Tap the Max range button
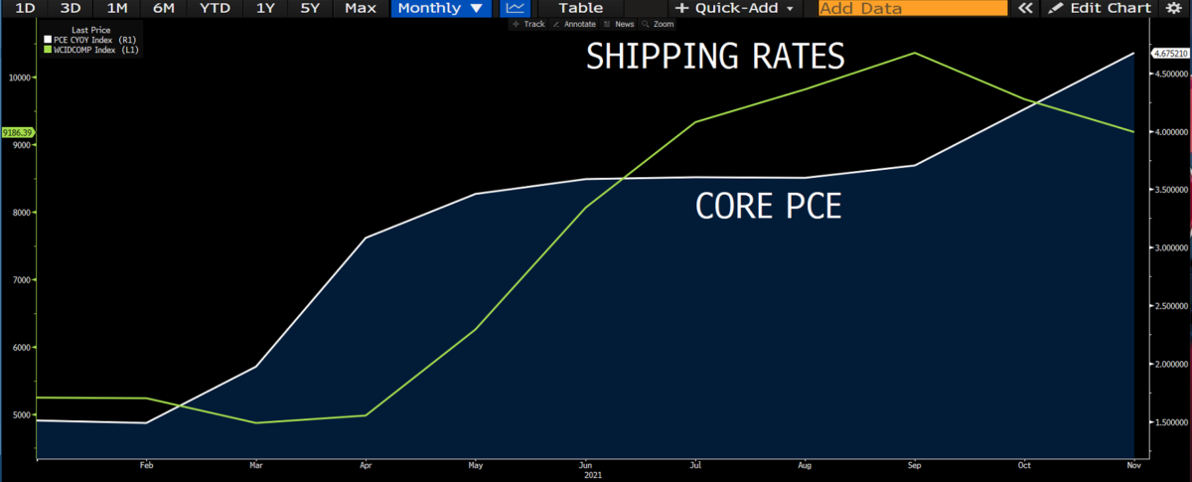360,8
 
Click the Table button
580,8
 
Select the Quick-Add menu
734,8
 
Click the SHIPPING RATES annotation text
715,57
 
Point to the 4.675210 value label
1168,53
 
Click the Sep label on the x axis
914,465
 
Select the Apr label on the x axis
367,465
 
